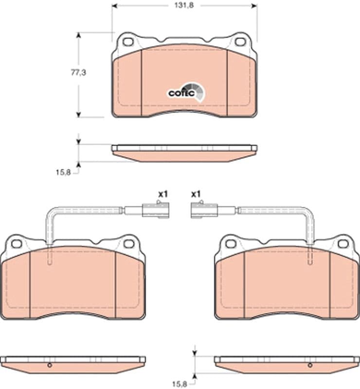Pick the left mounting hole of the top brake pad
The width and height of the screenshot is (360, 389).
click(128, 41)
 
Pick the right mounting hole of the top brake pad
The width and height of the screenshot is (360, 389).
click(240, 41)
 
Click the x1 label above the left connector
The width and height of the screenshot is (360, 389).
click(162, 194)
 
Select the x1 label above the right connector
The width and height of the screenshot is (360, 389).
click(196, 194)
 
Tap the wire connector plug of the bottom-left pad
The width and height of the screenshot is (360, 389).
click(155, 210)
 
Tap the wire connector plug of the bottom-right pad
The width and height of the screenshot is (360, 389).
click(204, 210)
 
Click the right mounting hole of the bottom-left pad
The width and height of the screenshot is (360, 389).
click(129, 244)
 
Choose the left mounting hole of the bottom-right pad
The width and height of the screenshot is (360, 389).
click(231, 244)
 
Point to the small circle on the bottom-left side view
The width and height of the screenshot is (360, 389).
click(49, 365)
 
